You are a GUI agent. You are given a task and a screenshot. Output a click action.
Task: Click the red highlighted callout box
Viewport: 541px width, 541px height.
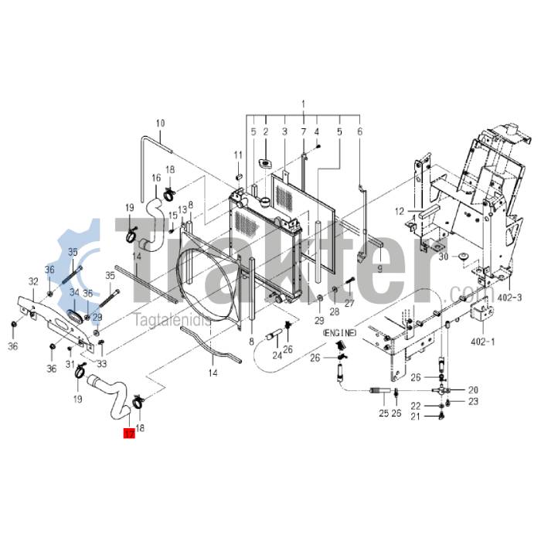tap(128, 434)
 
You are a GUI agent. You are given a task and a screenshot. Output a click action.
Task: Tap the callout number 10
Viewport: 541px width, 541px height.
tap(161, 124)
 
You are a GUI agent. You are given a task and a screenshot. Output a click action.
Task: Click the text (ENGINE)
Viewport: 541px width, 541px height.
tap(340, 332)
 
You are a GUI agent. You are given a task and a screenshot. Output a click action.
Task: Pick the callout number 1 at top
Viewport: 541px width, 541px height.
tap(304, 104)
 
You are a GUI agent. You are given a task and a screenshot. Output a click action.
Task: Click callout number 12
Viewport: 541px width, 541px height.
tap(400, 211)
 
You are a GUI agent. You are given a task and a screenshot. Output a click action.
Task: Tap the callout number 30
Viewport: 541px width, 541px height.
tap(444, 257)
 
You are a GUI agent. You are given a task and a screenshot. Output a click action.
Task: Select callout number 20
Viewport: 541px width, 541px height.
tap(473, 390)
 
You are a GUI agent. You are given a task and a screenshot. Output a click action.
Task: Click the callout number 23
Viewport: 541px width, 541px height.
tap(473, 402)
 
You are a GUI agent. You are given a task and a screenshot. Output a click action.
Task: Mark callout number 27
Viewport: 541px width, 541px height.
tap(349, 304)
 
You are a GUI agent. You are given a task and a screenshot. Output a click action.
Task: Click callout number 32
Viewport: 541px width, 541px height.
tap(33, 281)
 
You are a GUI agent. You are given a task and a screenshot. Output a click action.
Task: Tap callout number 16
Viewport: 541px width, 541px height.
tap(156, 179)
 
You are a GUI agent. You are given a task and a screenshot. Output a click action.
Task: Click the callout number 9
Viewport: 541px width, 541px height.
tap(379, 268)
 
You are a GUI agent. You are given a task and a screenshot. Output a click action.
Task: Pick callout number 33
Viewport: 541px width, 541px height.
tap(102, 364)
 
